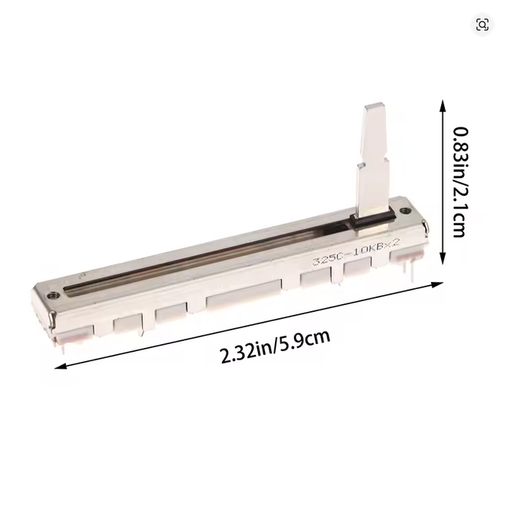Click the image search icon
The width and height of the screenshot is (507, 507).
pyautogui.click(x=482, y=25)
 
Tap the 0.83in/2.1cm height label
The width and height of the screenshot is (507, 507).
pyautogui.click(x=460, y=182)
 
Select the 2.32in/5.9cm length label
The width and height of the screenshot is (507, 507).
pyautogui.click(x=275, y=346)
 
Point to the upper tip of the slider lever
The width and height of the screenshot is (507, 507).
pyautogui.click(x=375, y=105)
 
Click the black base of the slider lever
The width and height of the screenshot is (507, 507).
pyautogui.click(x=373, y=220)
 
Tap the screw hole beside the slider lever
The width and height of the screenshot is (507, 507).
pyautogui.click(x=403, y=211)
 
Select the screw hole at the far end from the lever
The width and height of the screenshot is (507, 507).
pyautogui.click(x=52, y=295)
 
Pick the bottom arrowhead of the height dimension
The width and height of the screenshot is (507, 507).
pyautogui.click(x=443, y=258)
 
